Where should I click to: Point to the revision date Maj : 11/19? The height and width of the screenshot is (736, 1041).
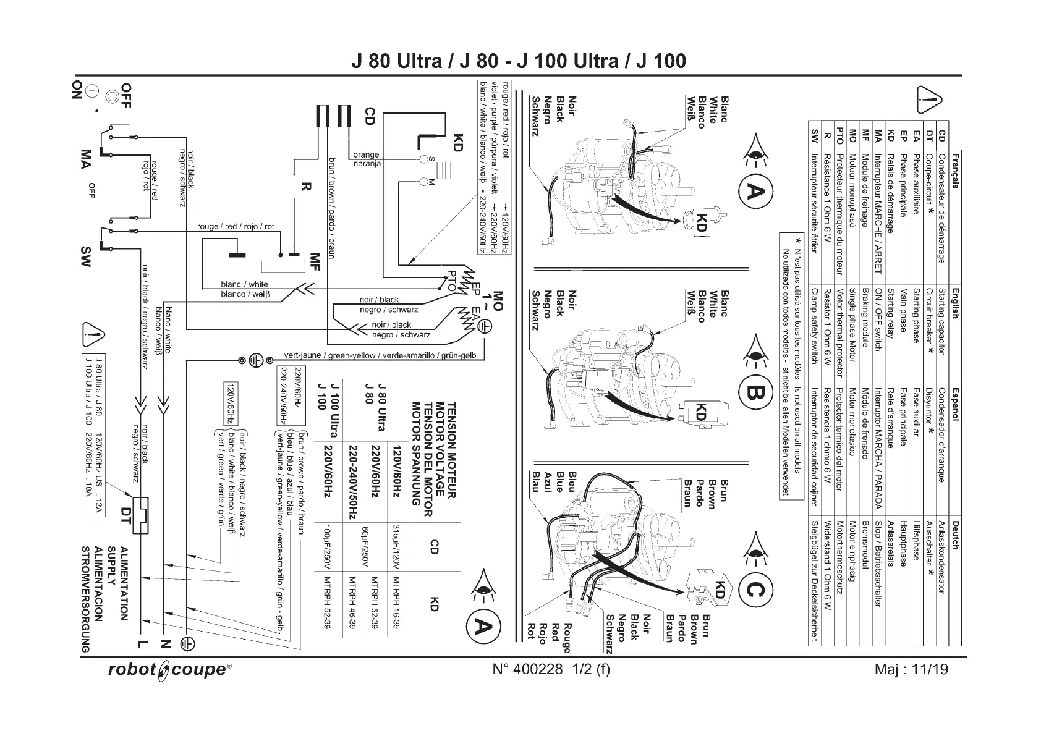pos(911,669)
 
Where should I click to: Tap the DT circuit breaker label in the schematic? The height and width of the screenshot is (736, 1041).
pos(126,515)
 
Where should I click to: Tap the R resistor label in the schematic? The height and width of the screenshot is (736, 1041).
pos(304,187)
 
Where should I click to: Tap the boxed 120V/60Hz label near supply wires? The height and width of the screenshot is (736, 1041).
pos(230,404)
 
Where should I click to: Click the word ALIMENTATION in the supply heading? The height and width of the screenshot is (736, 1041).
pos(124,583)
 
